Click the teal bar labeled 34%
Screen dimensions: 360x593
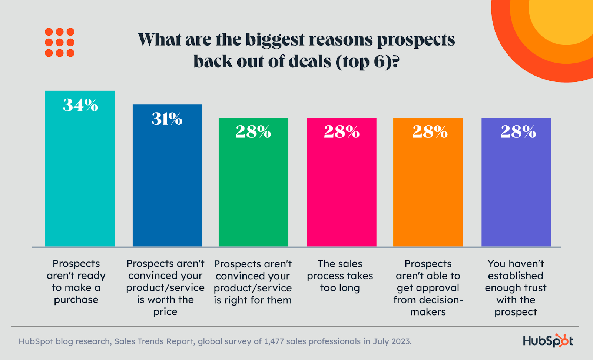coord(80,178)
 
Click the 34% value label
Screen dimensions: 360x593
coord(80,105)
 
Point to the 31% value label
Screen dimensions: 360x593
coord(167,119)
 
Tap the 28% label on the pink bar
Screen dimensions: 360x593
coord(342,132)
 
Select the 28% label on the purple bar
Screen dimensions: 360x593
coord(518,132)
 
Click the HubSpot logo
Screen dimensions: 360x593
coord(548,341)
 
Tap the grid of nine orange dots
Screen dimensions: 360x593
coord(60,42)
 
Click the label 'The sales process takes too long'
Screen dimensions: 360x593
coord(340,276)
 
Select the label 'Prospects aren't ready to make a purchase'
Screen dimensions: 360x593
coord(76,281)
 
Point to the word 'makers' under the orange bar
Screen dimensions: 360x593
coord(428,312)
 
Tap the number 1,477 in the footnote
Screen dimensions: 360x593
coord(274,341)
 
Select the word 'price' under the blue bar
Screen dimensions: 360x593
coord(165,312)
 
